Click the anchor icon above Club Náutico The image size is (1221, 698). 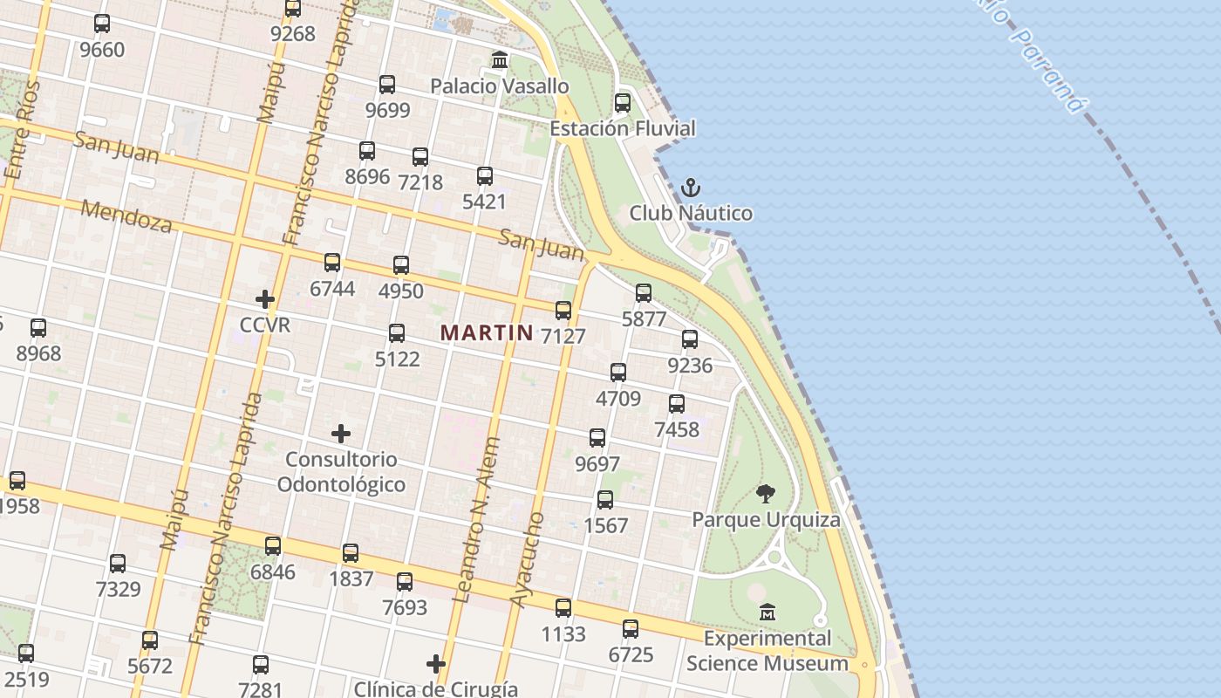point(690,188)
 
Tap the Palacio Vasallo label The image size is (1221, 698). point(500,86)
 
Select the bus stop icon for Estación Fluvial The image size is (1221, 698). point(623,103)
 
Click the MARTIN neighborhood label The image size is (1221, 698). point(487,332)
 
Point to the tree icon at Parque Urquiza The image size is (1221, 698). point(766,495)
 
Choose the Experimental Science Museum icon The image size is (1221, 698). point(767,612)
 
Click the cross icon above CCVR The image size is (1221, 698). point(265,300)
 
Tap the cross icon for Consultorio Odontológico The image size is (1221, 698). point(341,434)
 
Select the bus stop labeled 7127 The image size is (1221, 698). point(563,311)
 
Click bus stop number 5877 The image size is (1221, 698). point(644,293)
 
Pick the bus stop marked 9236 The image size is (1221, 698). point(690,339)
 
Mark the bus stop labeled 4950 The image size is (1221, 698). point(401,265)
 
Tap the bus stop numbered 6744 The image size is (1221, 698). point(332,263)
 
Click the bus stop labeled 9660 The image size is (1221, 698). point(102,24)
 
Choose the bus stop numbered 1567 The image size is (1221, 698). point(605,500)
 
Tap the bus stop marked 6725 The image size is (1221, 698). point(631,629)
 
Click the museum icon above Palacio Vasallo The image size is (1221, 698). point(500,60)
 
